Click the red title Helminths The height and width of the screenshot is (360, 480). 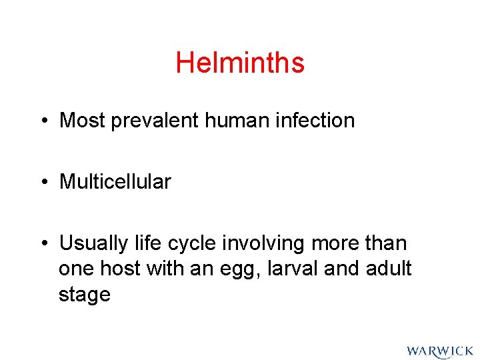pos(240,63)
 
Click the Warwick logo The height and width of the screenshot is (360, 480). pos(439,351)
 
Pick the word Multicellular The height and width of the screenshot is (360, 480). pos(115,181)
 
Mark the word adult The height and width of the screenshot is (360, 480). pos(389,269)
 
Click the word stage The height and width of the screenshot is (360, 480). pos(85,295)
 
